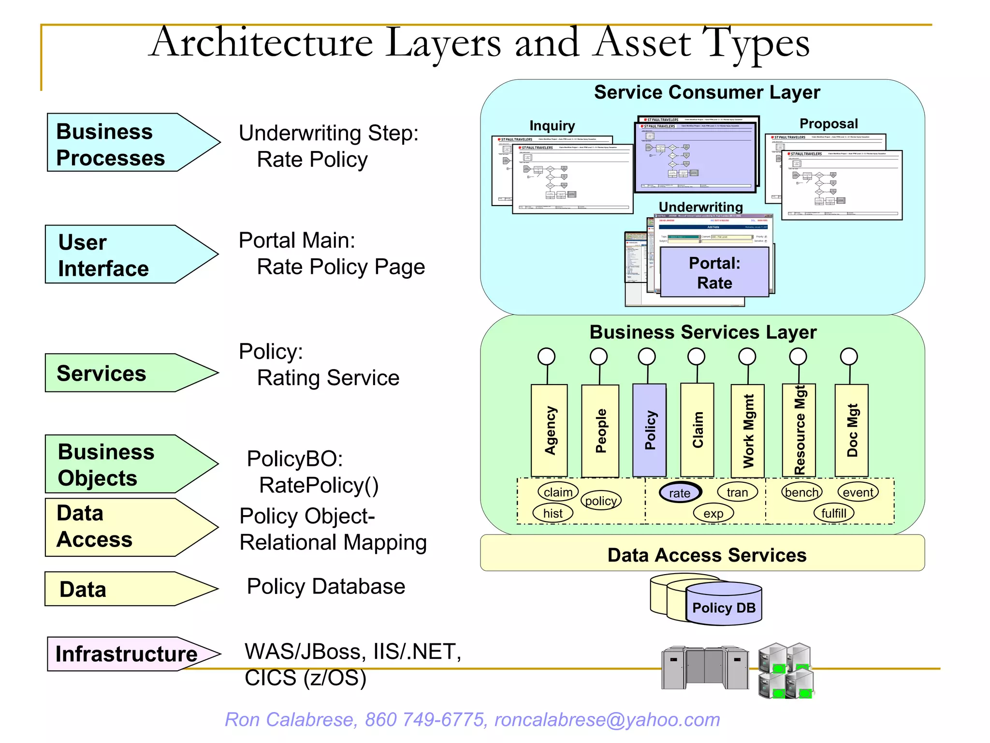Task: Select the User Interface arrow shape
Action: pos(121,254)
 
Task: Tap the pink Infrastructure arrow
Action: pos(127,654)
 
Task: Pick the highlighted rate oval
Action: pos(680,493)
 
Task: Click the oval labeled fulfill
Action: pos(834,513)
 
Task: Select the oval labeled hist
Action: pos(553,513)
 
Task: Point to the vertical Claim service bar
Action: pos(697,430)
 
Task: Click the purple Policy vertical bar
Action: pos(650,430)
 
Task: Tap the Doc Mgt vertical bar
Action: pos(852,430)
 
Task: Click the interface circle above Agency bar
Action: pos(546,357)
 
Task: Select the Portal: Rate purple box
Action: pos(714,272)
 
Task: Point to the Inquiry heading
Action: pos(552,126)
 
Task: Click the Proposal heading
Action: pos(829,124)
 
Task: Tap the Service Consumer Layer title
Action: pos(707,92)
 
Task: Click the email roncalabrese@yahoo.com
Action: pos(607,720)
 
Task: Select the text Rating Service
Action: pos(328,378)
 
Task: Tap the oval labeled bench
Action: pos(801,492)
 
